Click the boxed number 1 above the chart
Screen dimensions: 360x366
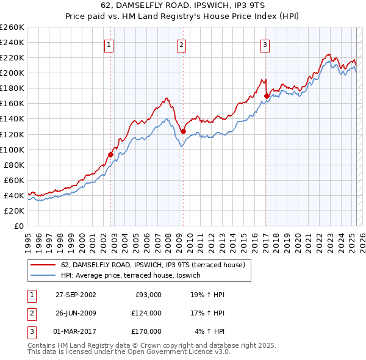tap(109, 43)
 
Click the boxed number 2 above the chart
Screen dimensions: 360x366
tap(182, 43)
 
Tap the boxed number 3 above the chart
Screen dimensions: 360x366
tap(265, 43)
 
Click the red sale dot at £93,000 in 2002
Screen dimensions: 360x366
tap(110, 154)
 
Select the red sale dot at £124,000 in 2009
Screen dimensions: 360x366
tap(183, 131)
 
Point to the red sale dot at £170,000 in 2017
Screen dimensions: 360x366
tap(267, 95)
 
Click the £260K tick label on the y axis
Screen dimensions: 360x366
tap(12, 27)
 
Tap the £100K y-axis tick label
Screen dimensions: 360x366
tap(12, 149)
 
